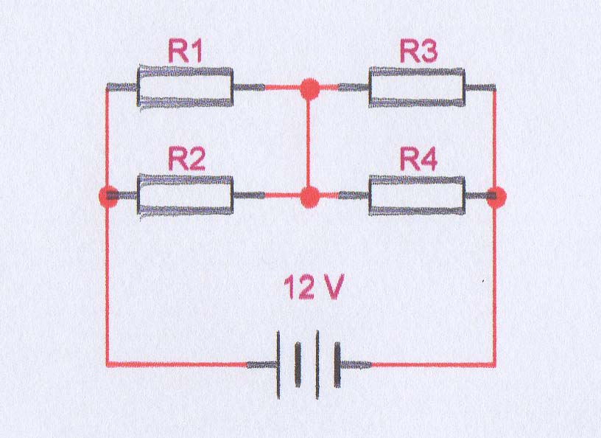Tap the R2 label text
click(186, 159)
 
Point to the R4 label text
click(418, 159)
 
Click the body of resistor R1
click(186, 88)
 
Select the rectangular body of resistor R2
click(186, 195)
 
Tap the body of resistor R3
click(417, 88)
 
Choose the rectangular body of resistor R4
click(417, 195)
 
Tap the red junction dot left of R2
click(108, 196)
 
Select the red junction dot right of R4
click(497, 196)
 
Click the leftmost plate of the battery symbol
click(279, 364)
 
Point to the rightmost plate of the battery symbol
click(338, 364)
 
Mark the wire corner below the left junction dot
click(108, 364)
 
